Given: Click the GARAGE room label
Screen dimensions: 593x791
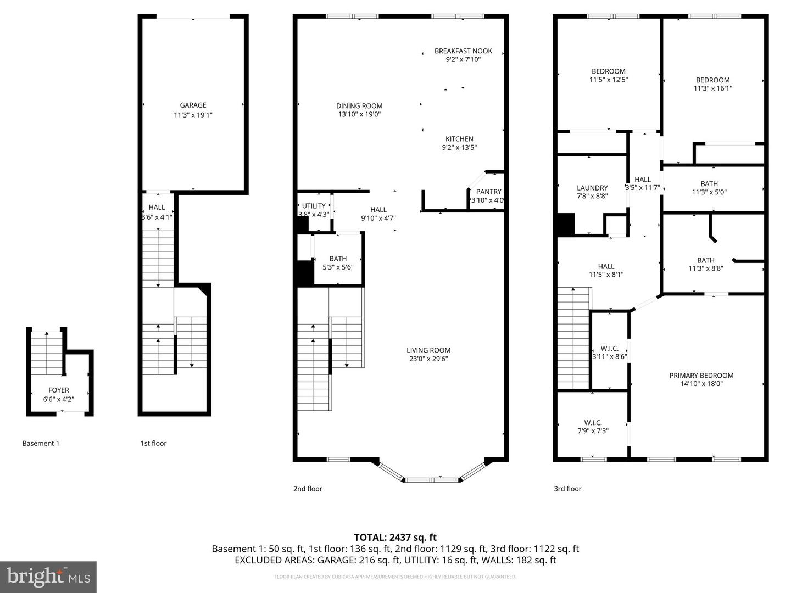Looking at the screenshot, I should (x=193, y=105).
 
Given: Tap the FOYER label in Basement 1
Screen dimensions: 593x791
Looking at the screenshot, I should (x=58, y=390).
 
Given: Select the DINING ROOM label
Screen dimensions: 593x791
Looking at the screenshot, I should (x=359, y=106).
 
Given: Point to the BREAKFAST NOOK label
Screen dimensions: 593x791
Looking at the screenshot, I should (x=463, y=51).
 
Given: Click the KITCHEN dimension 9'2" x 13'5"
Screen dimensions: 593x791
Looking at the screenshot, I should (x=459, y=148).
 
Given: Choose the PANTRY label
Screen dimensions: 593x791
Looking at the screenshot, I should (x=488, y=192).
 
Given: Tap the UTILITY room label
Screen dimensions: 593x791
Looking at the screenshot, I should (x=314, y=206).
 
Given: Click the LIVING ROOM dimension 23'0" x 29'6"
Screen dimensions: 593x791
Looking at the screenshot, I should (x=428, y=359).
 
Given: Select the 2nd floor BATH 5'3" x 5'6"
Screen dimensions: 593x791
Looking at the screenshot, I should (x=338, y=263).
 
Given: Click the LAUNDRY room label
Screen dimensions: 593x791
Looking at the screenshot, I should (x=592, y=188).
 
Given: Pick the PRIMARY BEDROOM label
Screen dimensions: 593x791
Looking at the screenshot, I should (x=701, y=376).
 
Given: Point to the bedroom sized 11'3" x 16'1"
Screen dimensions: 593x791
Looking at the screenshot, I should (x=712, y=84).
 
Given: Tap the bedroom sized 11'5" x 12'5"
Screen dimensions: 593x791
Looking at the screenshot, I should (x=608, y=75).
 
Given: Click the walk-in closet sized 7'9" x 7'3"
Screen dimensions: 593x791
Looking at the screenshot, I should (x=593, y=427).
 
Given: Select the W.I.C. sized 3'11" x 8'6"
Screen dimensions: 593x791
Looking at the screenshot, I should (x=609, y=353).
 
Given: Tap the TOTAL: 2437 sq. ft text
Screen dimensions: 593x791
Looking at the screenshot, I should (x=395, y=538).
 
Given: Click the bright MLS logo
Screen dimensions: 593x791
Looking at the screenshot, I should (x=48, y=577).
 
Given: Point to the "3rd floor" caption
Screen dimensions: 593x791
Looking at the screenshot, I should (x=567, y=489).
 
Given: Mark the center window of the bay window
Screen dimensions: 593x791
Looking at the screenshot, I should (x=432, y=480).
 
